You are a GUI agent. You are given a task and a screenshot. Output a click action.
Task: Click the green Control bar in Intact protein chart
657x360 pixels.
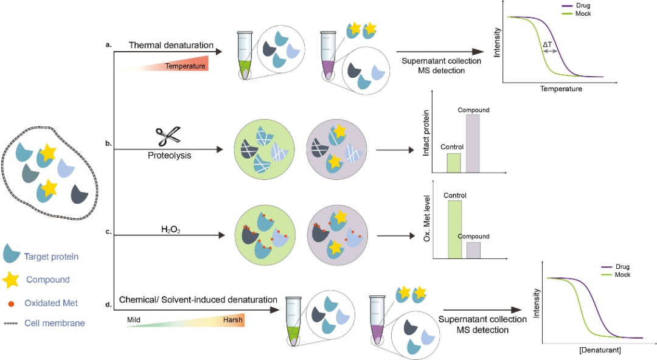point(453,162)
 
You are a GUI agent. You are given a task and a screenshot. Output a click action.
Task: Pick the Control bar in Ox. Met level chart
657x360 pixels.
point(454,229)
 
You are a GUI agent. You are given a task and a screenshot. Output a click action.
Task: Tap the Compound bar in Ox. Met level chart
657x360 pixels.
point(474,251)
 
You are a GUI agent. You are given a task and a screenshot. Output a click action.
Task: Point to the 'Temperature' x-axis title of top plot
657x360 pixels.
point(560,89)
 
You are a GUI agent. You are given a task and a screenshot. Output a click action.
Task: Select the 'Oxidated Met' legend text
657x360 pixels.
point(51,302)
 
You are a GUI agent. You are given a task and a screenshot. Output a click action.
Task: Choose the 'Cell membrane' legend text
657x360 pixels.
point(54,324)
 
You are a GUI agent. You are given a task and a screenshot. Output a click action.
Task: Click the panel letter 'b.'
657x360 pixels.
point(108,144)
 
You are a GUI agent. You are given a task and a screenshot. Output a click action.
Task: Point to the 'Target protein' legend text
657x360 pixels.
point(51,257)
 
